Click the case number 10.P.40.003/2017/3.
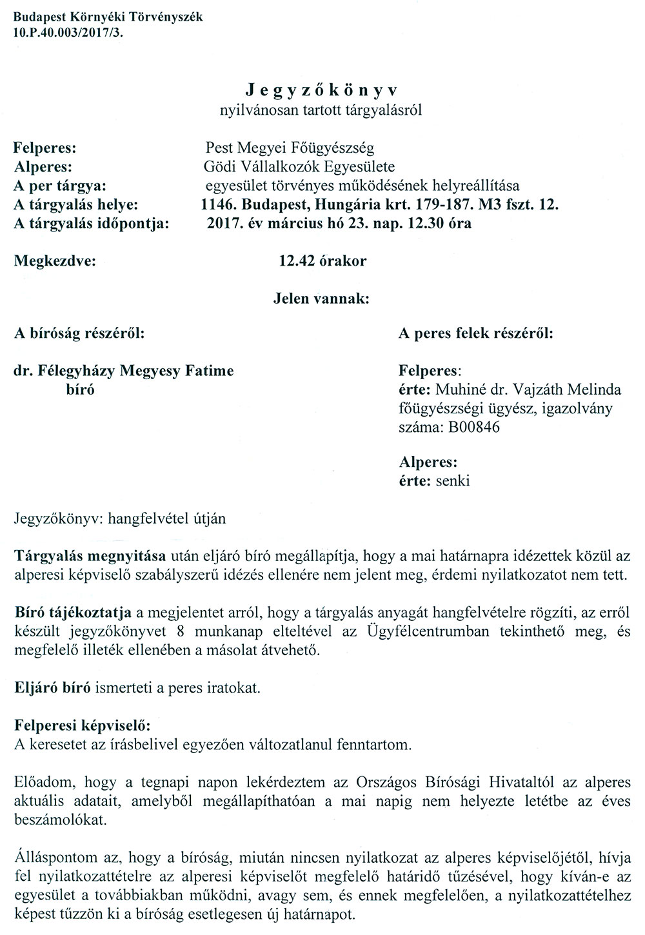(67, 29)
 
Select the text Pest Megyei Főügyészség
(288, 149)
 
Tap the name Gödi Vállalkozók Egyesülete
(299, 168)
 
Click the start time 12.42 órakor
(322, 261)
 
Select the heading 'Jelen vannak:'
(321, 299)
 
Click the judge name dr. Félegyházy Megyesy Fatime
(124, 371)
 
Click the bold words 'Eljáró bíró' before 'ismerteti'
(53, 687)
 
